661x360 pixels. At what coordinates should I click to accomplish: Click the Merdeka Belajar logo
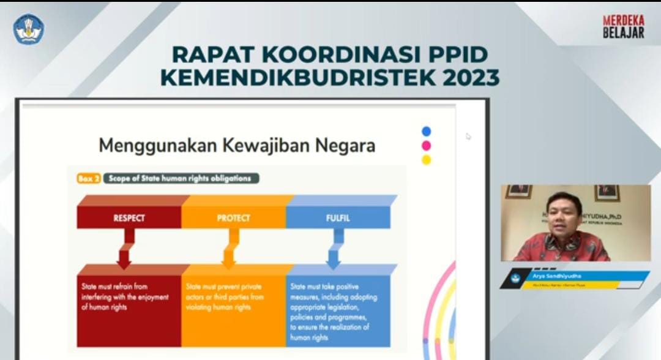click(623, 27)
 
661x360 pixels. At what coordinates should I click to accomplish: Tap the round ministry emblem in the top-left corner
click(29, 29)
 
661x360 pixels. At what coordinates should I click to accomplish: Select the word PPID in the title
click(455, 54)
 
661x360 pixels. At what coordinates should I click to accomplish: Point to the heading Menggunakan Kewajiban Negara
click(237, 146)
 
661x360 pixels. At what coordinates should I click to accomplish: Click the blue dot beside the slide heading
click(426, 131)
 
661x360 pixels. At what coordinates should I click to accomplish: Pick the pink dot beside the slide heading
click(426, 146)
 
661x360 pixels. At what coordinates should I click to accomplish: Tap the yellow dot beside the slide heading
click(426, 160)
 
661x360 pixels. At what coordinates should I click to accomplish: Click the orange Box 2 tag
click(85, 179)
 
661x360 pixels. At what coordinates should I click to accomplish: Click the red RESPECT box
click(129, 217)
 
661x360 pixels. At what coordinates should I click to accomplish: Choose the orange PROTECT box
click(233, 217)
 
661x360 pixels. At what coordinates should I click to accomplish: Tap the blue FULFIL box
click(338, 217)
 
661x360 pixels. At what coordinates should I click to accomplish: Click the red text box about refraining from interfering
click(129, 306)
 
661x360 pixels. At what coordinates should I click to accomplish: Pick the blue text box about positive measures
click(338, 309)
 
